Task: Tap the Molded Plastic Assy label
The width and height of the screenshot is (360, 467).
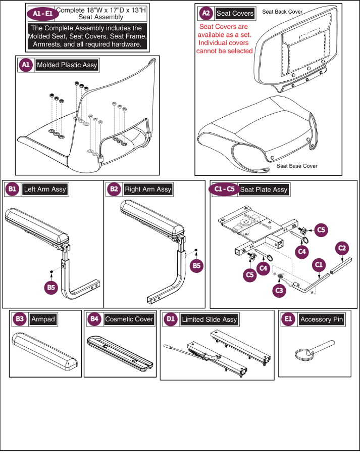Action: tap(67, 65)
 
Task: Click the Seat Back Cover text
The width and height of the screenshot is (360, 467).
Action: tap(282, 11)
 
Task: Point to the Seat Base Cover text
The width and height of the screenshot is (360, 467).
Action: tap(297, 166)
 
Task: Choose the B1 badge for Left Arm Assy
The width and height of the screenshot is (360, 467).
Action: tap(12, 190)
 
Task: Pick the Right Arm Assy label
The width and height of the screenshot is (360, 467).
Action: tap(148, 190)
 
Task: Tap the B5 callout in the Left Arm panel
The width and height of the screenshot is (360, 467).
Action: tap(50, 287)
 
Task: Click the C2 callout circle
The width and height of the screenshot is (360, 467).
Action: tap(342, 248)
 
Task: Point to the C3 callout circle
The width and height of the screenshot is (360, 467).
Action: tap(279, 290)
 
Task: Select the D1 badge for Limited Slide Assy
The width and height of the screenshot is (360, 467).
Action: tap(171, 319)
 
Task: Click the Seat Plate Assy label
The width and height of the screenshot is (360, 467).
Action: tap(263, 190)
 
